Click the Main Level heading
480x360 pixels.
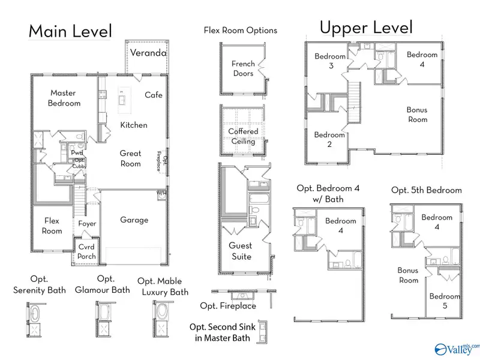point(70,31)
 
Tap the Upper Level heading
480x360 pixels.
point(366,28)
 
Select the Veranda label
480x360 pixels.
point(148,53)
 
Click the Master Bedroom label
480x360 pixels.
point(64,98)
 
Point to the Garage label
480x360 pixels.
point(134,220)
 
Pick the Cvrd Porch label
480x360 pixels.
point(86,251)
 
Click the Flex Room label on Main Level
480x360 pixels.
point(52,226)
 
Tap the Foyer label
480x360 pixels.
point(87,224)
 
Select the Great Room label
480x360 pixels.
point(130,158)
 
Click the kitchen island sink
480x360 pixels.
point(122,100)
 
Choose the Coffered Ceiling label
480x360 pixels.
point(243,136)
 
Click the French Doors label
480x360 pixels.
point(243,68)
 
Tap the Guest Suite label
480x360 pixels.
point(241,251)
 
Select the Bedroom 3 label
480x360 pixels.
point(330,61)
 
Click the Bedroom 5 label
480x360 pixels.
point(445,301)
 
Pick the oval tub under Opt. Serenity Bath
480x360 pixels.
point(35,313)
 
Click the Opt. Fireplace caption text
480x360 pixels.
point(228,306)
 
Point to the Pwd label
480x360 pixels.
point(77,152)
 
